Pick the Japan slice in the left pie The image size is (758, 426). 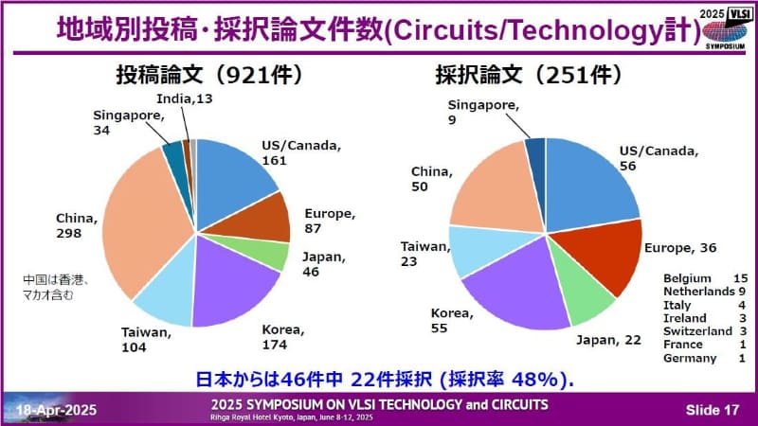(x=271, y=255)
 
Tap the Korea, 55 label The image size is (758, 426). (x=454, y=319)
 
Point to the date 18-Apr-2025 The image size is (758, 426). (x=55, y=408)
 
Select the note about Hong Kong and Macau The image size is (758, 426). (x=58, y=287)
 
